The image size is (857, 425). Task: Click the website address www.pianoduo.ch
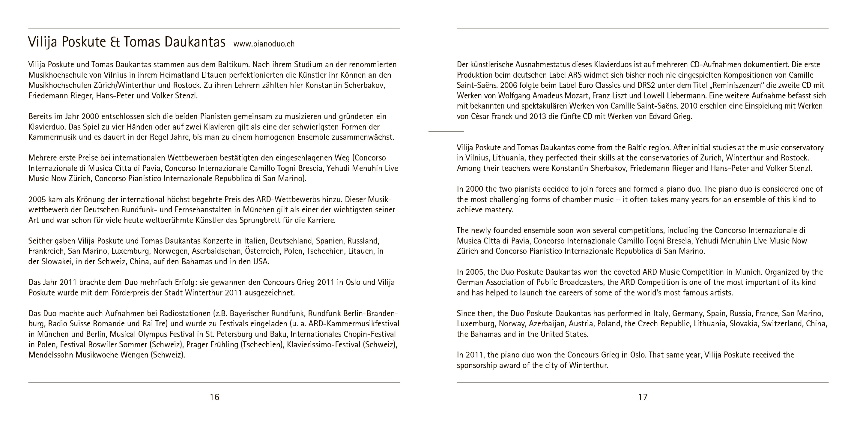[264, 44]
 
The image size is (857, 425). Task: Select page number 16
[215, 397]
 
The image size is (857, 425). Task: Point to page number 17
[643, 397]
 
